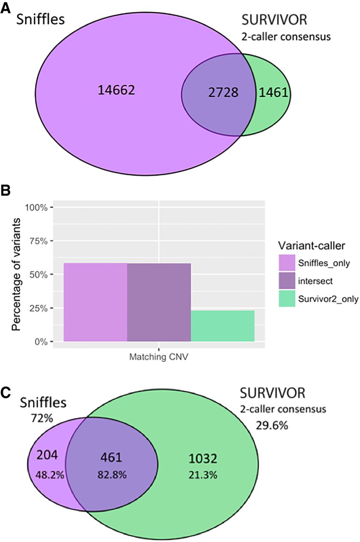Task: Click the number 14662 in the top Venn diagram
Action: click(116, 90)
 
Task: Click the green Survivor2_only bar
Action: click(222, 326)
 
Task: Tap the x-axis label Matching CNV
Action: click(159, 357)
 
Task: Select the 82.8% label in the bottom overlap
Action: click(111, 475)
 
